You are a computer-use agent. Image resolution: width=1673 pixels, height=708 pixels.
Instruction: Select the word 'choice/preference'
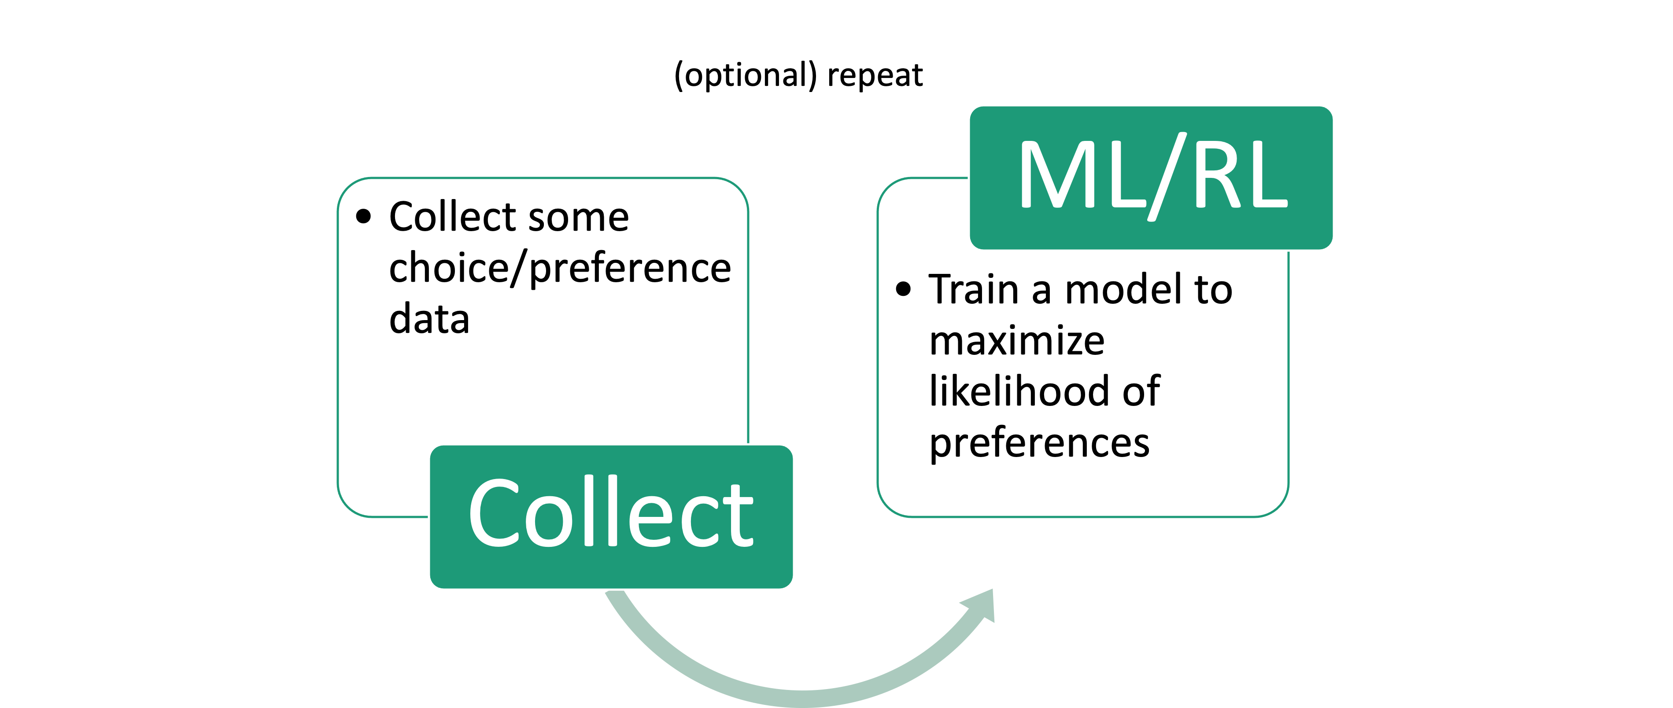560,268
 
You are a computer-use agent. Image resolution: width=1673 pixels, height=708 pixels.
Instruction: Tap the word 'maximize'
1016,340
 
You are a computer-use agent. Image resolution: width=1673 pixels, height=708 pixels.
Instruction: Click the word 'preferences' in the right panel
1039,443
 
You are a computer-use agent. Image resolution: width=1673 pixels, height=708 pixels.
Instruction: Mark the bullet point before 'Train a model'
903,289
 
